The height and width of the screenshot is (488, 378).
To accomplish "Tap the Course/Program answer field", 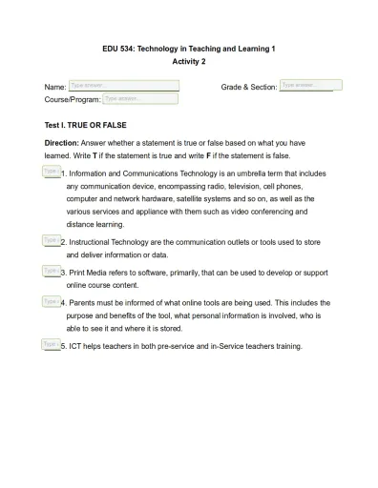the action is click(x=139, y=98).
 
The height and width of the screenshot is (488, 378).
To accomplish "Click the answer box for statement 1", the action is click(x=52, y=172).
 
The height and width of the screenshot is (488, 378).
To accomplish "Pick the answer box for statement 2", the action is click(x=52, y=240).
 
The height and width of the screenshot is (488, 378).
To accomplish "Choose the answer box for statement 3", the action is click(x=52, y=271).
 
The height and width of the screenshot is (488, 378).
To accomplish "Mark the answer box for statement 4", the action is click(x=52, y=300).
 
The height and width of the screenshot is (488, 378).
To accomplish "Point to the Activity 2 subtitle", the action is click(x=188, y=61).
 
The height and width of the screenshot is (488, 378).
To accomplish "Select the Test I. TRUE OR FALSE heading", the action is click(x=85, y=125).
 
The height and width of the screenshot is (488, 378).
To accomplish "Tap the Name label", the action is click(x=55, y=87).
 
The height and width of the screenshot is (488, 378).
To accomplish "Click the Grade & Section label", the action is click(x=248, y=87).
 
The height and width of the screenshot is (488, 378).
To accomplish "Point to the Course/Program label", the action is click(x=72, y=99).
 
